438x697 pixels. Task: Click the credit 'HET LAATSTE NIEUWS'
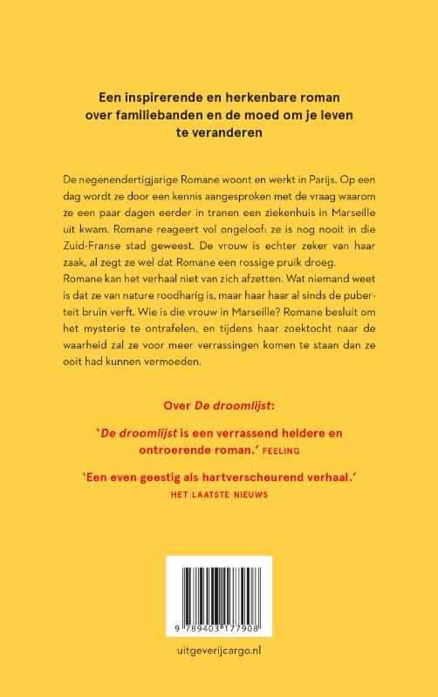(x=218, y=492)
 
